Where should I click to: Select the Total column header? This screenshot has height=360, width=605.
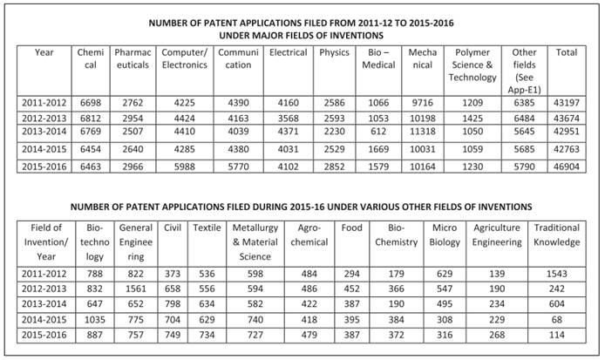(x=567, y=53)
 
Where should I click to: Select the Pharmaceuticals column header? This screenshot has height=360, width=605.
(x=133, y=58)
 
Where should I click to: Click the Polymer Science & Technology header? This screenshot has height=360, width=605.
(x=472, y=65)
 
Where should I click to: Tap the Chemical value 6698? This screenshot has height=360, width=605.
(x=90, y=103)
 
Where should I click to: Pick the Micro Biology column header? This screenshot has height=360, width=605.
(x=445, y=234)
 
